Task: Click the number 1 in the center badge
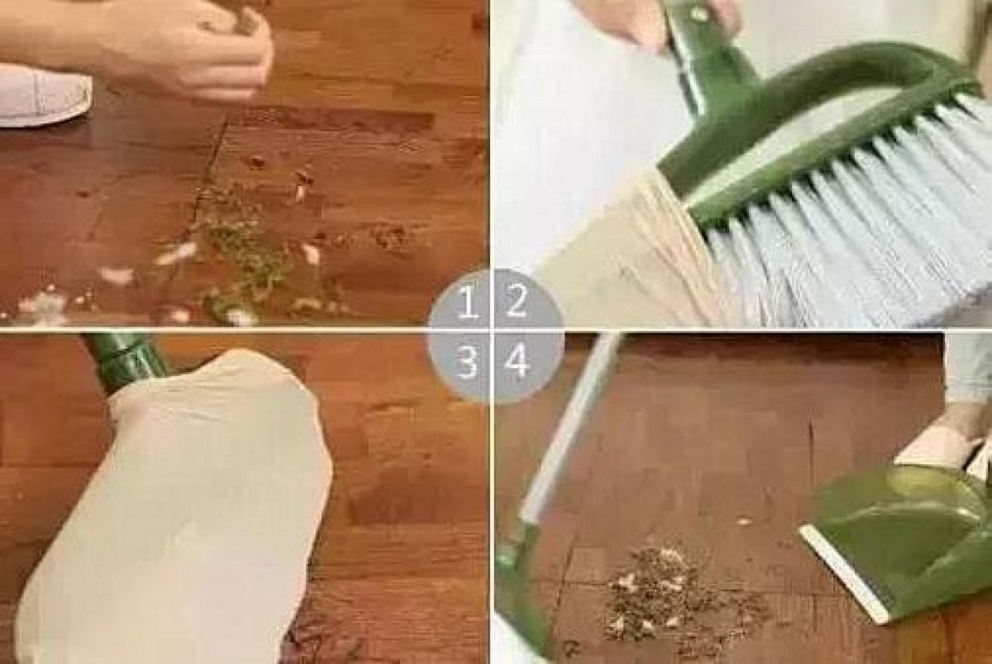[x=468, y=302]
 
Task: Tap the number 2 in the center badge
[x=517, y=301]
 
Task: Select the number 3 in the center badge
[x=467, y=362]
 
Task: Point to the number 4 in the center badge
[x=517, y=361]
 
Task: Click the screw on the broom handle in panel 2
[x=699, y=14]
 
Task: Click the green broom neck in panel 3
[x=124, y=361]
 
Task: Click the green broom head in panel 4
[x=522, y=589]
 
